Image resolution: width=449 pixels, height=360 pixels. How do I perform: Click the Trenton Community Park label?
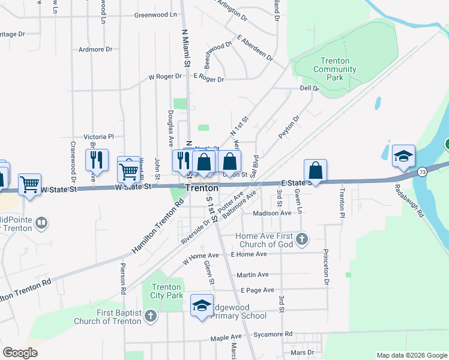(335, 69)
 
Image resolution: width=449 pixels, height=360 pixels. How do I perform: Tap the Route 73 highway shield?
(423, 172)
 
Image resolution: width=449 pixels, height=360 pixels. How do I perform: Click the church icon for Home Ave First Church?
(302, 240)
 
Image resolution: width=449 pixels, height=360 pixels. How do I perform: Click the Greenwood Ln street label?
(157, 14)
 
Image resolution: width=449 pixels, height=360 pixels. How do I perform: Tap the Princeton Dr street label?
(327, 266)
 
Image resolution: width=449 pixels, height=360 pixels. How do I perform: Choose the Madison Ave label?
(272, 213)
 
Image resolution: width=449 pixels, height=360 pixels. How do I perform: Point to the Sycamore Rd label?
(273, 334)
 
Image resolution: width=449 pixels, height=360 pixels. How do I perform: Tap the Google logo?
(20, 353)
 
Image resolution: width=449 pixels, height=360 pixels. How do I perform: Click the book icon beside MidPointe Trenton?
(41, 224)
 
